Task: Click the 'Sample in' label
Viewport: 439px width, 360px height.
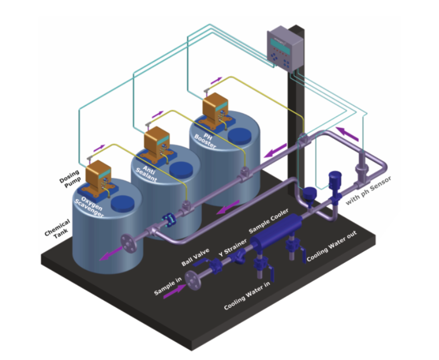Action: coord(168,286)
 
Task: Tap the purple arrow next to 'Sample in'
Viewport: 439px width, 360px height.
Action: coord(175,291)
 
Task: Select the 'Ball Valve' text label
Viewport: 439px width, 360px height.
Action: coord(195,257)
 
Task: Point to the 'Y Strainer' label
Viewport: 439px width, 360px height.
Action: coord(233,247)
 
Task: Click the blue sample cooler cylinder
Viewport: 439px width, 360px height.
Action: coord(277,232)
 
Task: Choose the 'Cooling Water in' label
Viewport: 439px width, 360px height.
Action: coord(247,295)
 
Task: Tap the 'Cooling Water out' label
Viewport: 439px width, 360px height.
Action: coord(332,246)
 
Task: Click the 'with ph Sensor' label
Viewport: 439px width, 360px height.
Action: coord(368,190)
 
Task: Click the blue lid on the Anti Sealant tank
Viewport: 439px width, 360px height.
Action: coord(181,170)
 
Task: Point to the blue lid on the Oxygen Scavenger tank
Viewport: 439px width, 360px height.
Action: coord(122,204)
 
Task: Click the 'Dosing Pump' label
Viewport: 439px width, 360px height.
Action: coord(70,179)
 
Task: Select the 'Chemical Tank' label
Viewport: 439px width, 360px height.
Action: coord(58,229)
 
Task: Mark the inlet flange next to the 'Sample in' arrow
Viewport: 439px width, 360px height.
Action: coord(194,280)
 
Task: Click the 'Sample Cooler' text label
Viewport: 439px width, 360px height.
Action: coord(268,221)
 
